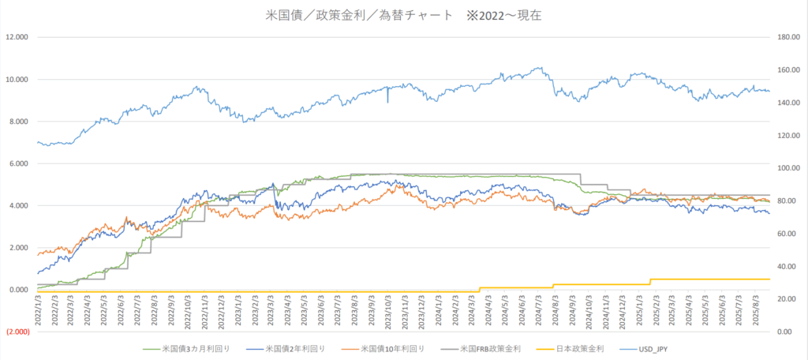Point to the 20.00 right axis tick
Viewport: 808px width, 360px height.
click(788, 298)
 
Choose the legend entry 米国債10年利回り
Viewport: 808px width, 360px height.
click(391, 348)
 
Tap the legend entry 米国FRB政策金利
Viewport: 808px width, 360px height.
click(492, 348)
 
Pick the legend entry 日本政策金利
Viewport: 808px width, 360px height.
click(577, 348)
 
